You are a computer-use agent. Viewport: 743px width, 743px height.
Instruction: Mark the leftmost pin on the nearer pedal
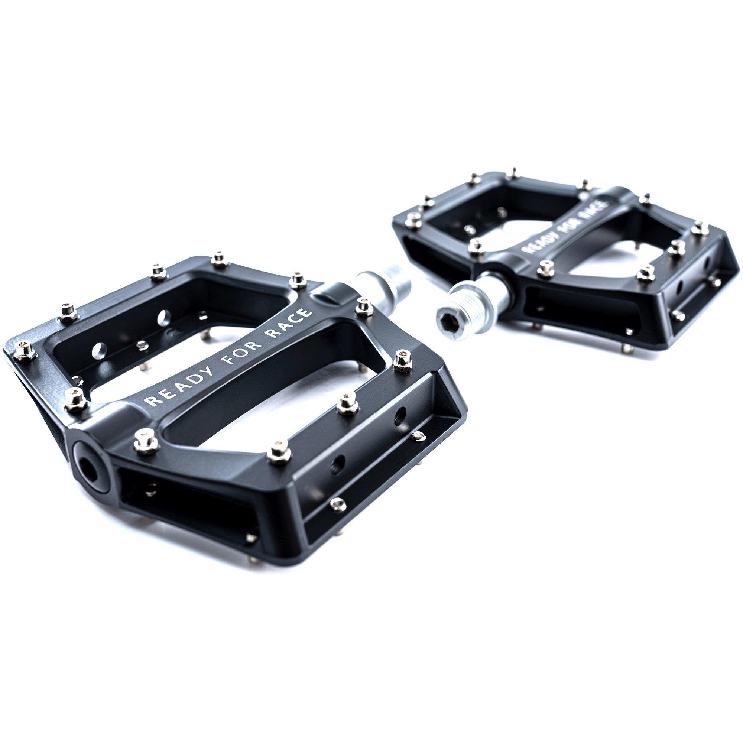[x=25, y=354]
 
